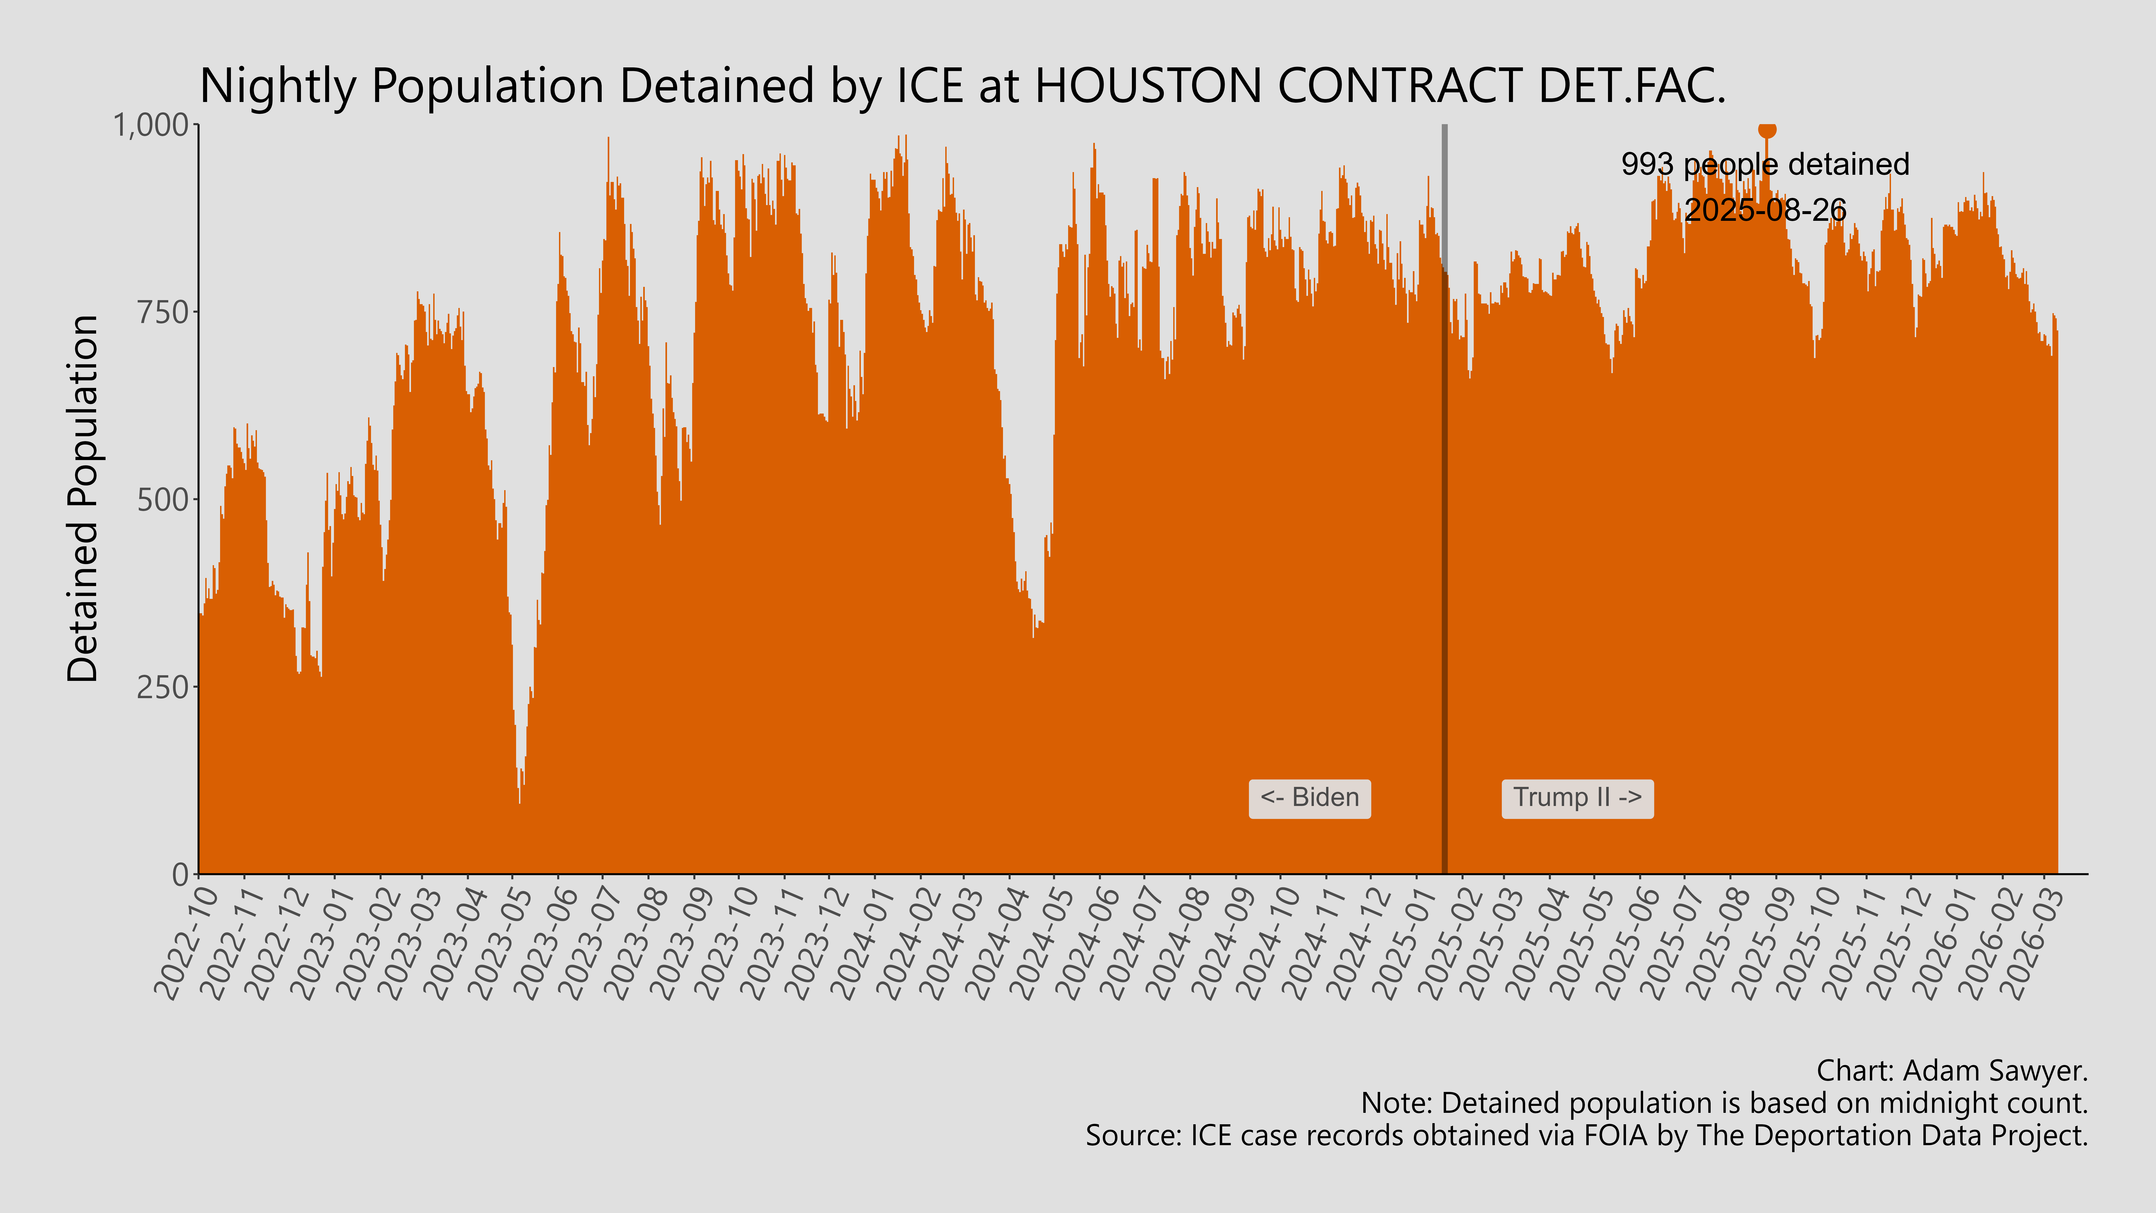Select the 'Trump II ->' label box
pyautogui.click(x=1577, y=798)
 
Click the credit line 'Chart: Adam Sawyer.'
pyautogui.click(x=1952, y=1071)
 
